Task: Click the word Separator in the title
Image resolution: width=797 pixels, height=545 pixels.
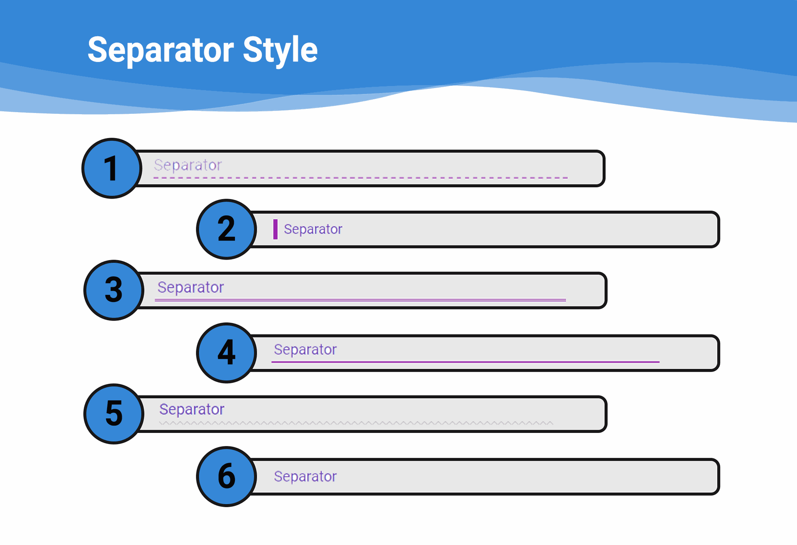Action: [x=161, y=50]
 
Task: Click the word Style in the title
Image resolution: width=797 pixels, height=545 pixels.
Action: [x=280, y=50]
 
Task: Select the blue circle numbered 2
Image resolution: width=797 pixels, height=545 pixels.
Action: [x=227, y=229]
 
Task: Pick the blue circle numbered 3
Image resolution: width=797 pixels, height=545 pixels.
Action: [x=114, y=290]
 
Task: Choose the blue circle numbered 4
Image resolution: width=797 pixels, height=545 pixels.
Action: [x=227, y=353]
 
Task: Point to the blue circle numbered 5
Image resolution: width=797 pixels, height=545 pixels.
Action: [x=114, y=414]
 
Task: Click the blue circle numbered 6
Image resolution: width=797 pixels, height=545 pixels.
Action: [x=227, y=476]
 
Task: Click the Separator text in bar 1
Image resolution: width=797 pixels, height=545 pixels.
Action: [x=188, y=165]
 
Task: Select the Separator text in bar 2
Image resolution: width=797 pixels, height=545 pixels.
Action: [x=313, y=229]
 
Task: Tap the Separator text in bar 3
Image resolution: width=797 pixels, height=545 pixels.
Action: [x=191, y=287]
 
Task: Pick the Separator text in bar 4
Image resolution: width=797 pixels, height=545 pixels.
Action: [x=305, y=350]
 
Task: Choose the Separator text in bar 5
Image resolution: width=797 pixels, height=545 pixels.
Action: [x=192, y=410]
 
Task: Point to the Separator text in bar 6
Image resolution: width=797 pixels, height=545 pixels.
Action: [x=305, y=476]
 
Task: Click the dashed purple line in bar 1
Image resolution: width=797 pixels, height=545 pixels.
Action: [x=361, y=178]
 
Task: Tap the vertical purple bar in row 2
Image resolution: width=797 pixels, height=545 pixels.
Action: [x=275, y=229]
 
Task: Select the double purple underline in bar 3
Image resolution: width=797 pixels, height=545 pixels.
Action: [x=360, y=300]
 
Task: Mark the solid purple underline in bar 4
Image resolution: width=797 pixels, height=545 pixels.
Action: [x=465, y=362]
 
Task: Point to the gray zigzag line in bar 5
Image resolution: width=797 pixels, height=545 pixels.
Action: [x=356, y=423]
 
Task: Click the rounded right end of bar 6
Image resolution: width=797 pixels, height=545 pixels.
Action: [x=718, y=476]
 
